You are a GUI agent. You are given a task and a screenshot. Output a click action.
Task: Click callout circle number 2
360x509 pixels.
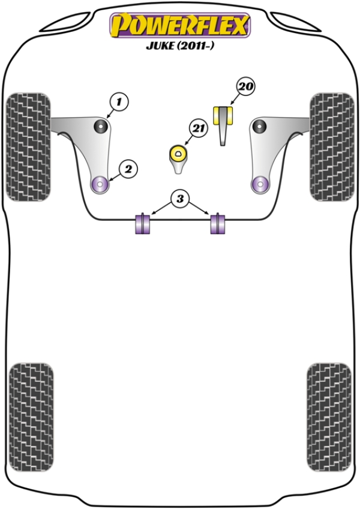pos(128,169)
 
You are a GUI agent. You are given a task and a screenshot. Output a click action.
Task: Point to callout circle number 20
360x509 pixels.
pos(245,87)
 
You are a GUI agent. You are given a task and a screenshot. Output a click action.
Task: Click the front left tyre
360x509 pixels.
pos(28,146)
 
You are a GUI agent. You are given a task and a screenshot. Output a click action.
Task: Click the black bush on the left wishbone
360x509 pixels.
pos(101,127)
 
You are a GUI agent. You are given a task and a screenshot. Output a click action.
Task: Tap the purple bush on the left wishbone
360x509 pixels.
pos(100,184)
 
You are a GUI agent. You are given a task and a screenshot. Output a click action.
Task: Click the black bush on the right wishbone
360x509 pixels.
pos(259,127)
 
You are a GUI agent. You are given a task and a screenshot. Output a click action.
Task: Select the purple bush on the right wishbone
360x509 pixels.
pos(260,184)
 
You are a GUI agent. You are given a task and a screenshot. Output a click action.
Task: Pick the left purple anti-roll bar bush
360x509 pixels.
pos(143,224)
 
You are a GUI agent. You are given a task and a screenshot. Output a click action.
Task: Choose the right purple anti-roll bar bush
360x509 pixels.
pos(218,224)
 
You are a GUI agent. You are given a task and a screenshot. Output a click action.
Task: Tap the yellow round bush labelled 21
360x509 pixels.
pos(178,154)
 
